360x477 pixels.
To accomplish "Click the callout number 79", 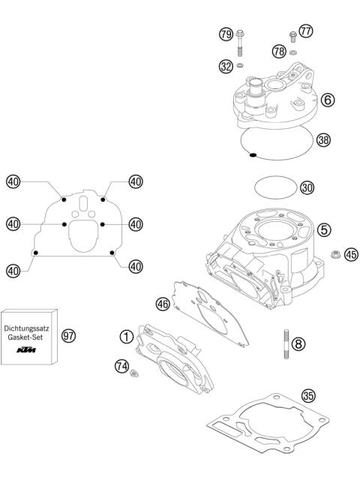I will (x=224, y=34).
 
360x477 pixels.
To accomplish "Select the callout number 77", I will (x=306, y=31).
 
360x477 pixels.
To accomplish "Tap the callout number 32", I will (x=224, y=66).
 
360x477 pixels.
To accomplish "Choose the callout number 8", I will (x=299, y=344).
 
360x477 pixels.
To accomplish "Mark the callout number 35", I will (x=307, y=395).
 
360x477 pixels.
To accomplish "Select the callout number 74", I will (x=121, y=366).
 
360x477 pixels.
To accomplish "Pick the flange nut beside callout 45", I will (x=337, y=255).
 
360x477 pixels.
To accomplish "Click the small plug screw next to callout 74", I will (x=135, y=373).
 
